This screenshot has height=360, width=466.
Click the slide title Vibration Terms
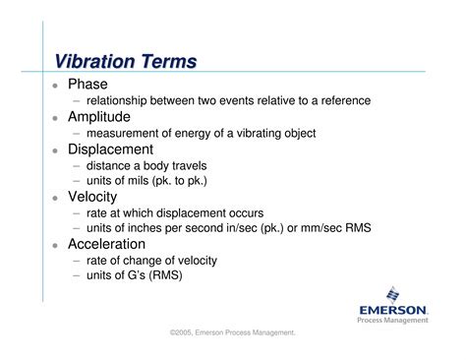click(125, 61)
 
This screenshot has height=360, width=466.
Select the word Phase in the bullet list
click(87, 84)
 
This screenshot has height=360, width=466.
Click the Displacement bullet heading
click(110, 149)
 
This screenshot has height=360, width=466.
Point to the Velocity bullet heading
click(94, 196)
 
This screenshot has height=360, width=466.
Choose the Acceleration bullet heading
click(109, 243)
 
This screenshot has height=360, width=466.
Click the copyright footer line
click(233, 333)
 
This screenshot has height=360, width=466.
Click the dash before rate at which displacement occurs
click(76, 212)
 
